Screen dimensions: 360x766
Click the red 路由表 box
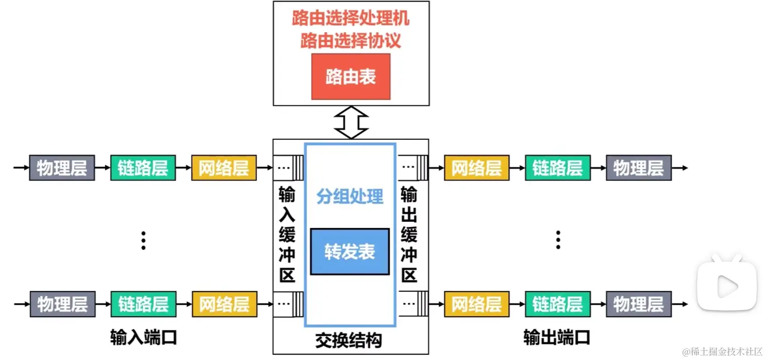pyautogui.click(x=351, y=77)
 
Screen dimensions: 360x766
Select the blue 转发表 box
pyautogui.click(x=349, y=252)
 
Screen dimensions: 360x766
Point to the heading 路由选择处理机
pyautogui.click(x=351, y=19)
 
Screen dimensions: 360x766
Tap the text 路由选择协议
pyautogui.click(x=351, y=40)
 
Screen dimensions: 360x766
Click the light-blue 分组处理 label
pyautogui.click(x=350, y=197)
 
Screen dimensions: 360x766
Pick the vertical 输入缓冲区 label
pyautogui.click(x=287, y=234)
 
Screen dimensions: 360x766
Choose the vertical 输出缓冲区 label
pyautogui.click(x=409, y=234)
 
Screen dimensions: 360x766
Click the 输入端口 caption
pyautogui.click(x=144, y=337)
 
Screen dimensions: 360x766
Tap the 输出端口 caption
pyautogui.click(x=557, y=337)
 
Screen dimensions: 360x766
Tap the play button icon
pyautogui.click(x=727, y=286)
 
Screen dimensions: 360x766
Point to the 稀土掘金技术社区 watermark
pyautogui.click(x=722, y=351)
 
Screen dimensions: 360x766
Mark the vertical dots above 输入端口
pyautogui.click(x=144, y=241)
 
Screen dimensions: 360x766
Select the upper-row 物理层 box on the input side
pyautogui.click(x=62, y=168)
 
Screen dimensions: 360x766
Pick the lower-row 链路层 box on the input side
pyautogui.click(x=143, y=304)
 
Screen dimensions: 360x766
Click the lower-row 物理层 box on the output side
pyautogui.click(x=638, y=304)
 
